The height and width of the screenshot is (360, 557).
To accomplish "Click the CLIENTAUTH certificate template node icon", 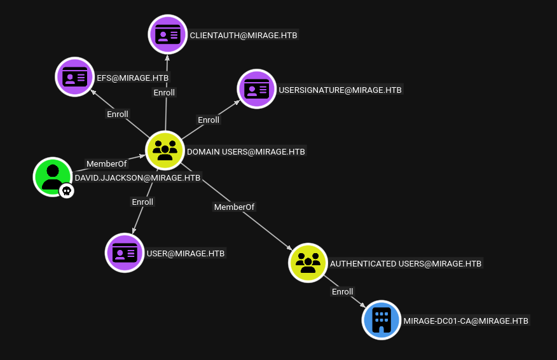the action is coord(168,34).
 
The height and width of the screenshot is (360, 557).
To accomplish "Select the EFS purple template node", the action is coord(75,77).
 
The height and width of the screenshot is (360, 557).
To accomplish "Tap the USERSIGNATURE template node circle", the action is coord(256,89).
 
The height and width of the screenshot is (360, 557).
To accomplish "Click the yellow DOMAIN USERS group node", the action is coord(165,150).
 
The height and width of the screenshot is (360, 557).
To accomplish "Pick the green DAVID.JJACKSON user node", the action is coord(53,177).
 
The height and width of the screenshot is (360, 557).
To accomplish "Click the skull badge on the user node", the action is coord(66,191).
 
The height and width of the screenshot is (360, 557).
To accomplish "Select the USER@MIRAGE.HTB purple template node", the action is coord(125,253).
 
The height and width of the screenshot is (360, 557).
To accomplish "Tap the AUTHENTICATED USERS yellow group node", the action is coord(308,263).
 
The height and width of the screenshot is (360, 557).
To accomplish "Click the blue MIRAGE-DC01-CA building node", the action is coord(382,320).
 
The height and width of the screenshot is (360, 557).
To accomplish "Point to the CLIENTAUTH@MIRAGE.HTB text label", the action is coord(244,35).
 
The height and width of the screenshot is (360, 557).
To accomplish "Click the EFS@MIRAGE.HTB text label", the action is coord(132,78).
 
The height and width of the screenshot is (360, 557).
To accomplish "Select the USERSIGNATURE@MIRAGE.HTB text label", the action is coord(340,90).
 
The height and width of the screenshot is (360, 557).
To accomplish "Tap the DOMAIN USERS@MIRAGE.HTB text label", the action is coord(246,152).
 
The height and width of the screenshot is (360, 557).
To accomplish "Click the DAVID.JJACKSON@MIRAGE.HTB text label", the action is coord(137,177).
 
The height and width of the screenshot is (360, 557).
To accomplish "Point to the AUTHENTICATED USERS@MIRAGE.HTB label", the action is coord(406,264).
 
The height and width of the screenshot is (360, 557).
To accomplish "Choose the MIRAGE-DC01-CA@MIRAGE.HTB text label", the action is coord(465,321).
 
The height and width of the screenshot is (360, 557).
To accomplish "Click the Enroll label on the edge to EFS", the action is coord(118,114).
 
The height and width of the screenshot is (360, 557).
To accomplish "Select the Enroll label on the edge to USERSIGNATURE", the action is coord(209,120).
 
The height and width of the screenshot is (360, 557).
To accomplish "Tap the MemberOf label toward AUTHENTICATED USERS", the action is coord(234,207).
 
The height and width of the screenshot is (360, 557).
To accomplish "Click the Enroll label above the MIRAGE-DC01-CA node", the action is coord(343,291).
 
